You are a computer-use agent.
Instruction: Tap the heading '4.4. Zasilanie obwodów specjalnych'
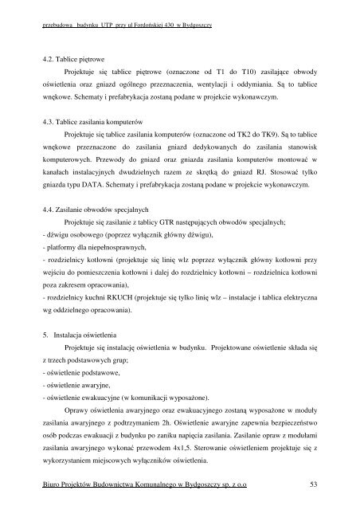click(x=95, y=208)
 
